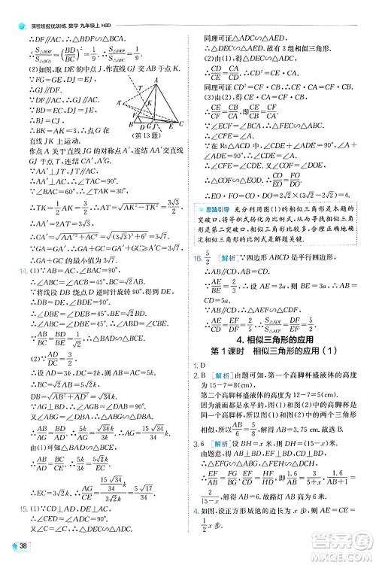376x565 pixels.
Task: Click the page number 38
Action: click(x=23, y=547)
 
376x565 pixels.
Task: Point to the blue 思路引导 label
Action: click(x=210, y=208)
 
